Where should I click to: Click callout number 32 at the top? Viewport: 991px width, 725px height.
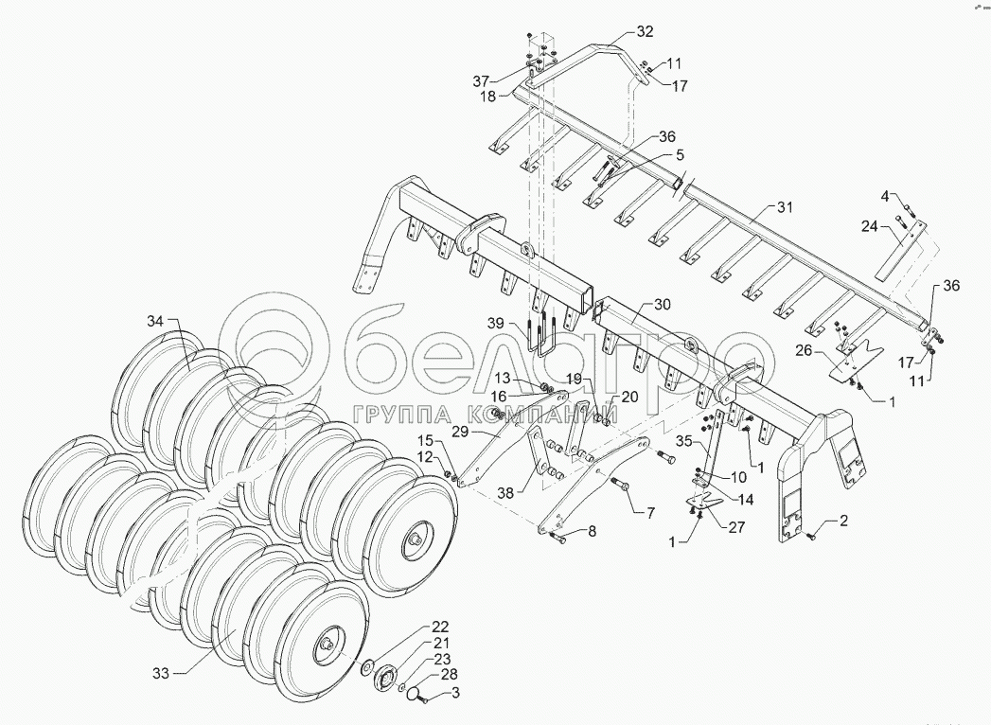click(x=644, y=31)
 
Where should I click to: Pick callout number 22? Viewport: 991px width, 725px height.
click(x=441, y=627)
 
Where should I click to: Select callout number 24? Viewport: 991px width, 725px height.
click(x=870, y=225)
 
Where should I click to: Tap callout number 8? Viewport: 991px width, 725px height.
click(x=592, y=532)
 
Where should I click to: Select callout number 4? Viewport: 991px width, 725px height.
click(x=885, y=196)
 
